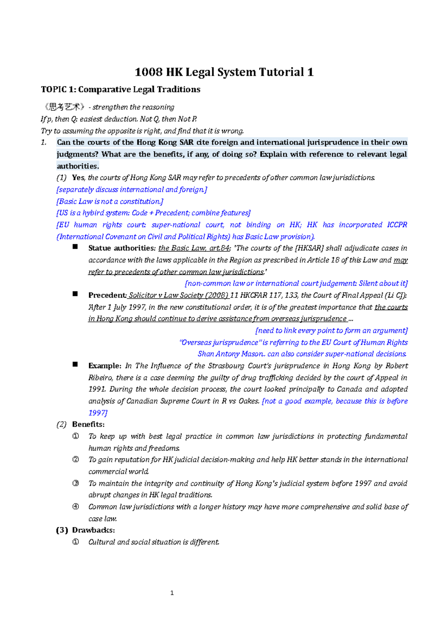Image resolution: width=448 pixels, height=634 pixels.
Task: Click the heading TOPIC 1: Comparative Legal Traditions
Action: coord(121,90)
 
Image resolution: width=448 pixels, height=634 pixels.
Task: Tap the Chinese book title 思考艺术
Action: coord(65,107)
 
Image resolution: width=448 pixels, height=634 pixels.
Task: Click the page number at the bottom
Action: coord(172,593)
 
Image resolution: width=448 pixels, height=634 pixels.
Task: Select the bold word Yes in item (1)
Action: coord(78,178)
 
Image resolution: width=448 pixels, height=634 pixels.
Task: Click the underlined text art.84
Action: coord(220,248)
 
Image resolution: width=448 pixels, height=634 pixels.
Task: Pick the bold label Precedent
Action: coord(107,295)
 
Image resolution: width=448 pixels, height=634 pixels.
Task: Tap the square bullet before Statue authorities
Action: coord(75,247)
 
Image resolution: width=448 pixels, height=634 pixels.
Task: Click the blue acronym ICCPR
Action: coord(397,225)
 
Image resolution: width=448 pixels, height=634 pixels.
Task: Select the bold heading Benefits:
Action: coord(88,425)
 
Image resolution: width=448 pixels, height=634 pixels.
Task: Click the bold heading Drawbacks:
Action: coord(93,530)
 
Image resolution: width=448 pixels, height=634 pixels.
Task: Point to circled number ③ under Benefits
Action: coord(75,483)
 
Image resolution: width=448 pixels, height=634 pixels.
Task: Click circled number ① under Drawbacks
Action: coord(75,542)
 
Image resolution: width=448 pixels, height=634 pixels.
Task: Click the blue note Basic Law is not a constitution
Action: coord(110,202)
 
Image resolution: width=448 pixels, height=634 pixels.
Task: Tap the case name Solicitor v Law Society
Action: coord(165,295)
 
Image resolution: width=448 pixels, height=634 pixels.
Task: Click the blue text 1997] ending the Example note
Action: coord(98,413)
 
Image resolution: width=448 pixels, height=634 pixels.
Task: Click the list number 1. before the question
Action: coord(44,142)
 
